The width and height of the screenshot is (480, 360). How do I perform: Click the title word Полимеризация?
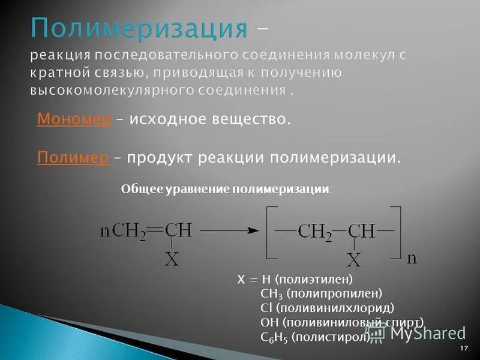click(139, 28)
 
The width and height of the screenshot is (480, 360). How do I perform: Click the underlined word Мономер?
click(74, 119)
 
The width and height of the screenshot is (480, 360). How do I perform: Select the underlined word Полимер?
click(73, 158)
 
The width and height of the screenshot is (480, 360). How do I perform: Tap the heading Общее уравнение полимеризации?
click(226, 188)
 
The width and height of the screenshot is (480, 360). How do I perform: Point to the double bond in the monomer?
click(155, 230)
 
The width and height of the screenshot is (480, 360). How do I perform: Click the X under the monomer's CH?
click(172, 259)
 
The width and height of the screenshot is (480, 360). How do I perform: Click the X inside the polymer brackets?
click(355, 260)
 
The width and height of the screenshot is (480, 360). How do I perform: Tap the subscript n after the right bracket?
click(412, 258)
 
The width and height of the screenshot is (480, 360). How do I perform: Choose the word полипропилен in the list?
click(334, 293)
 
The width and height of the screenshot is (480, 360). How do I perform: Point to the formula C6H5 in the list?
click(275, 337)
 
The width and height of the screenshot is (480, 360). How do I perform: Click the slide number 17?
click(464, 349)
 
